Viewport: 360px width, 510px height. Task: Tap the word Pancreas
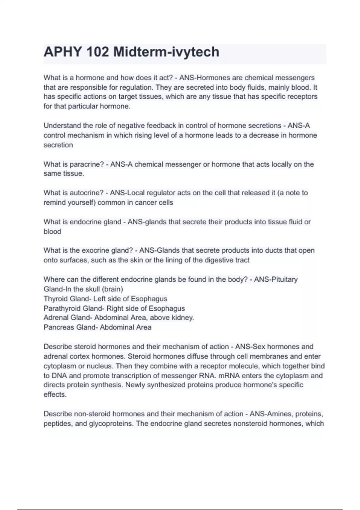(59, 327)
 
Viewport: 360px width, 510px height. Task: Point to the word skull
(92, 289)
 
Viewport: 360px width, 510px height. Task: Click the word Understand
(62, 126)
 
